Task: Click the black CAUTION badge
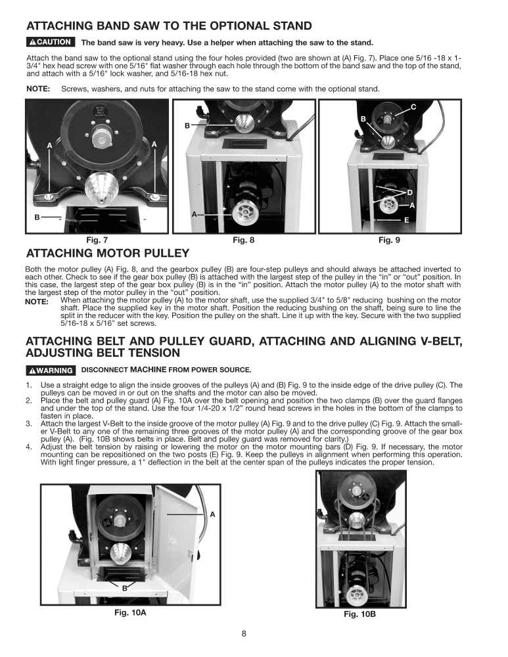pyautogui.click(x=49, y=43)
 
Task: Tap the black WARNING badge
pyautogui.click(x=50, y=369)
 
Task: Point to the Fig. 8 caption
pyautogui.click(x=243, y=241)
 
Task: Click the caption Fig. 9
pyautogui.click(x=389, y=241)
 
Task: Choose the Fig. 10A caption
pyautogui.click(x=130, y=612)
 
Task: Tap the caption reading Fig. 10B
pyautogui.click(x=359, y=614)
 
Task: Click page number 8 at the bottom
pyautogui.click(x=244, y=634)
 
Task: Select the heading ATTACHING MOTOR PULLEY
pyautogui.click(x=107, y=254)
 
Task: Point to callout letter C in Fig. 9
pyautogui.click(x=413, y=106)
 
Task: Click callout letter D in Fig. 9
pyautogui.click(x=409, y=192)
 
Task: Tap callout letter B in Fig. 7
pyautogui.click(x=37, y=216)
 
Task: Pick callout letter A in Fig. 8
pyautogui.click(x=194, y=215)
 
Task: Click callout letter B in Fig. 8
pyautogui.click(x=187, y=125)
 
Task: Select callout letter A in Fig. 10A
pyautogui.click(x=213, y=514)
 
